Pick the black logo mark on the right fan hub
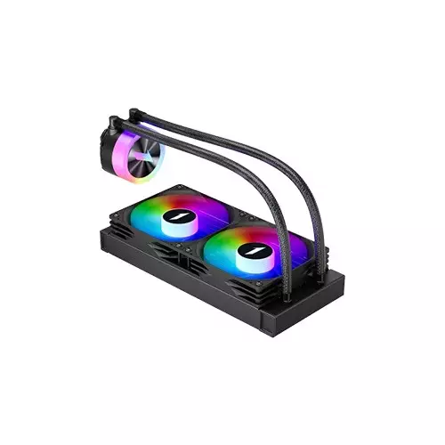pos(251,251)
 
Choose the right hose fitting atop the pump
pos(133,113)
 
